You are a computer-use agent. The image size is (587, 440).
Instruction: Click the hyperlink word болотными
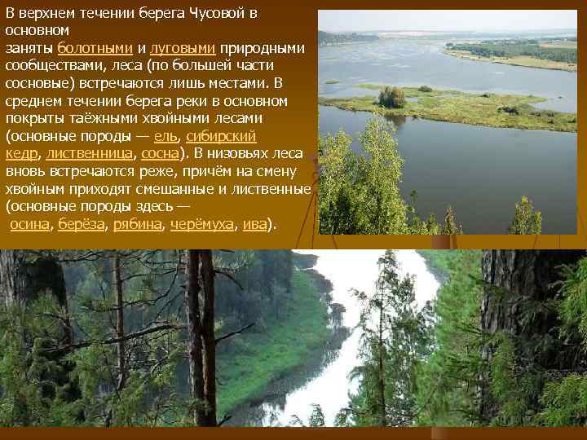pyautogui.click(x=95, y=48)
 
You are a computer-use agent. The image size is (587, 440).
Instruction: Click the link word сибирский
pyautogui.click(x=222, y=135)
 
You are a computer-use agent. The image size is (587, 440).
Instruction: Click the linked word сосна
pyautogui.click(x=160, y=152)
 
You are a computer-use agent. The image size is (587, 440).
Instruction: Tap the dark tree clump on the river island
pyautogui.click(x=391, y=97)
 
